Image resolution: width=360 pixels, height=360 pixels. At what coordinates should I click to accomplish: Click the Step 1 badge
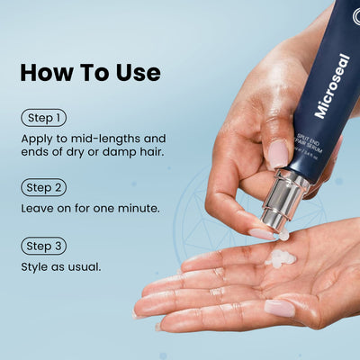[x=42, y=118]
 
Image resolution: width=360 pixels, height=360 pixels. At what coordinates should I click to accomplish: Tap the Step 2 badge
[x=43, y=187]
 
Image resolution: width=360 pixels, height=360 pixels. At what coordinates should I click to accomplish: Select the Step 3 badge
[x=43, y=245]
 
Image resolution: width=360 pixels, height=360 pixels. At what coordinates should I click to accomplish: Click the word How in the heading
[x=48, y=73]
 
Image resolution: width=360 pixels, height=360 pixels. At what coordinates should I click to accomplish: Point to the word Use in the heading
[x=137, y=73]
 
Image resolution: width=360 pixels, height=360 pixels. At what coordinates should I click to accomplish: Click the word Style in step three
[x=35, y=267]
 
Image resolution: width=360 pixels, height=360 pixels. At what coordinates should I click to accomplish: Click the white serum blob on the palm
[x=282, y=259]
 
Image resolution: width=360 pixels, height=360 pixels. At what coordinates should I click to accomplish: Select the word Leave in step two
[x=39, y=208]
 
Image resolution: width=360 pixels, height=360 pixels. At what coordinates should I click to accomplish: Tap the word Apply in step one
[x=38, y=139]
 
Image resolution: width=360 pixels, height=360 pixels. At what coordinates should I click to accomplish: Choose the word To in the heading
[x=93, y=73]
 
